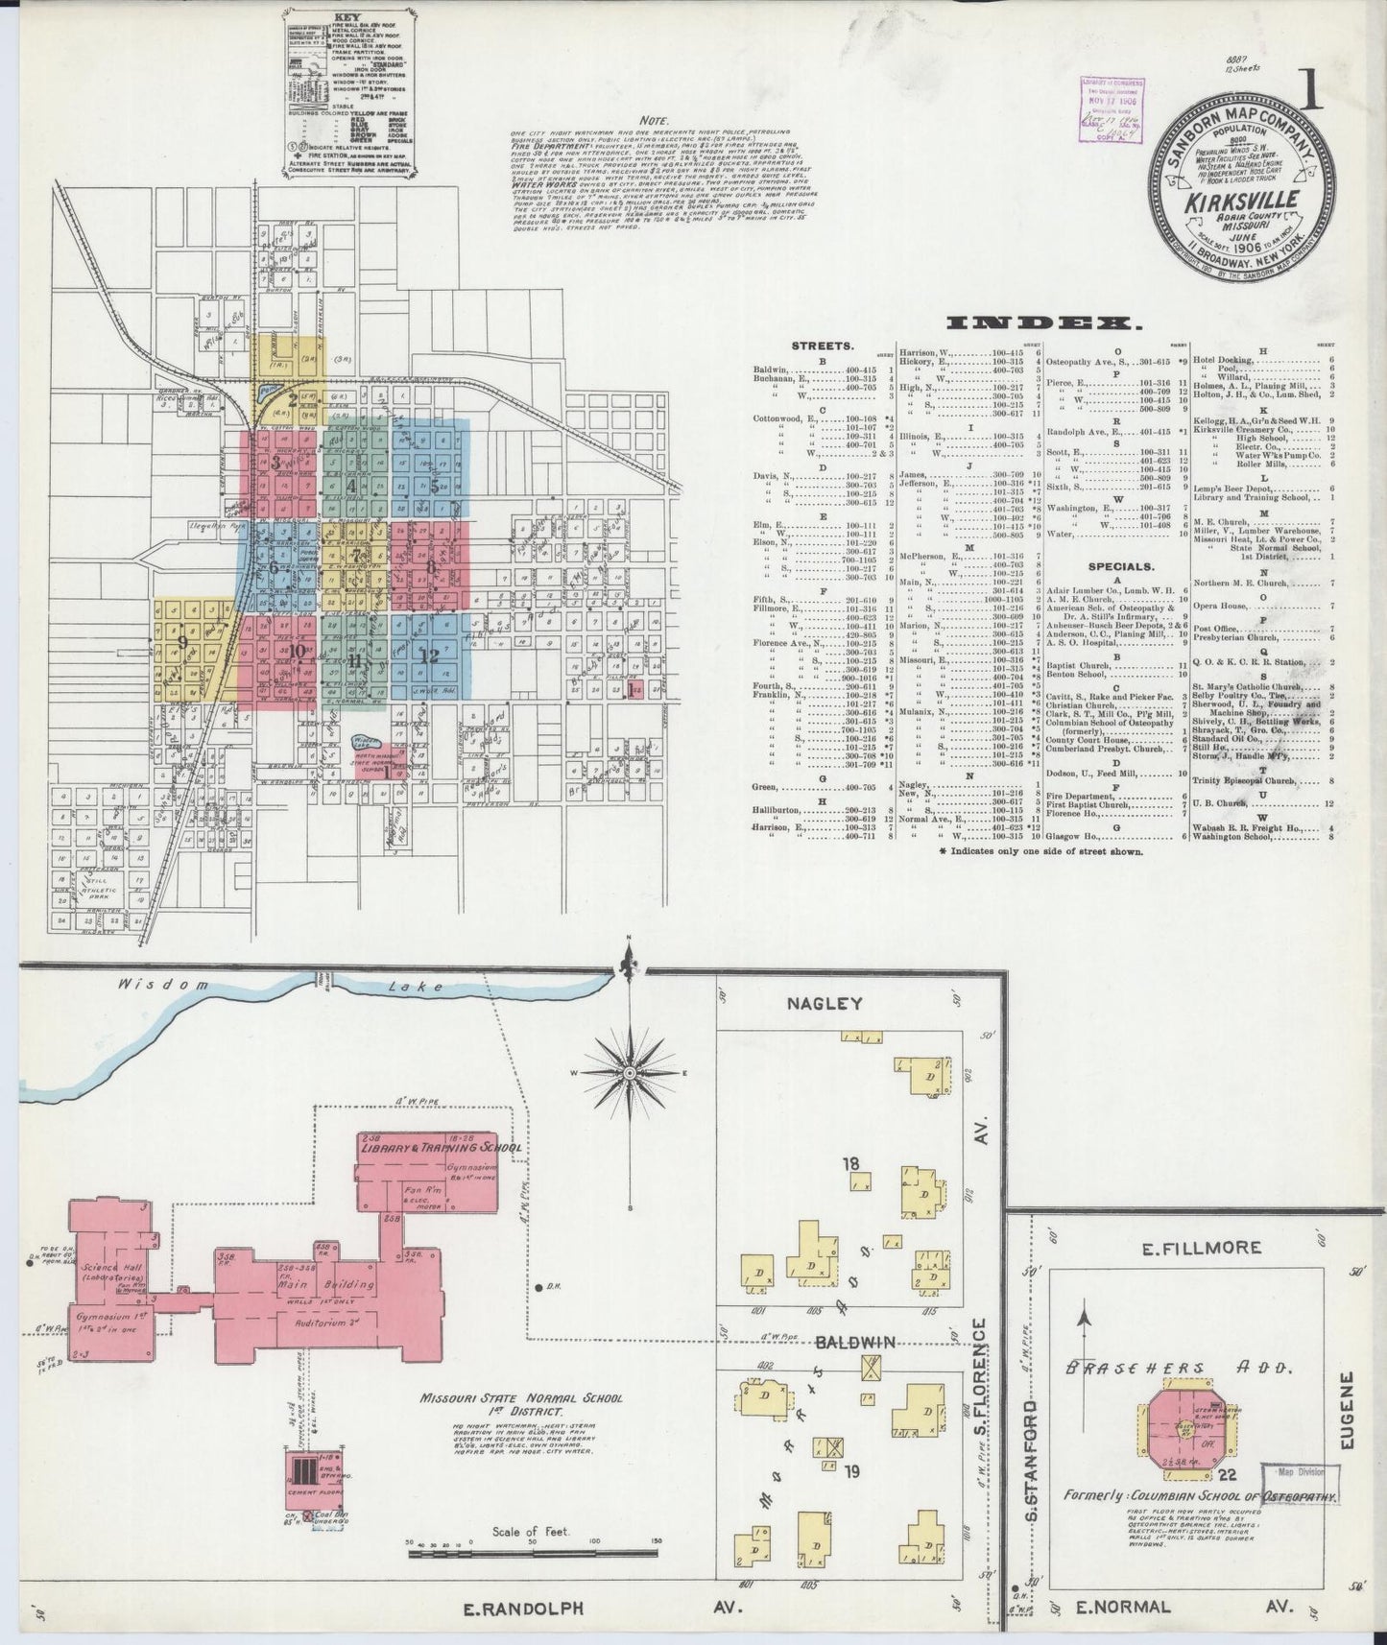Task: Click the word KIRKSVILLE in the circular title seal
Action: pos(1241,203)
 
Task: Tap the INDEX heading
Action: pos(1043,323)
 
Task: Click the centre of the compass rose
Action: pos(630,1071)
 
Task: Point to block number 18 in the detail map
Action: pos(850,1164)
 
